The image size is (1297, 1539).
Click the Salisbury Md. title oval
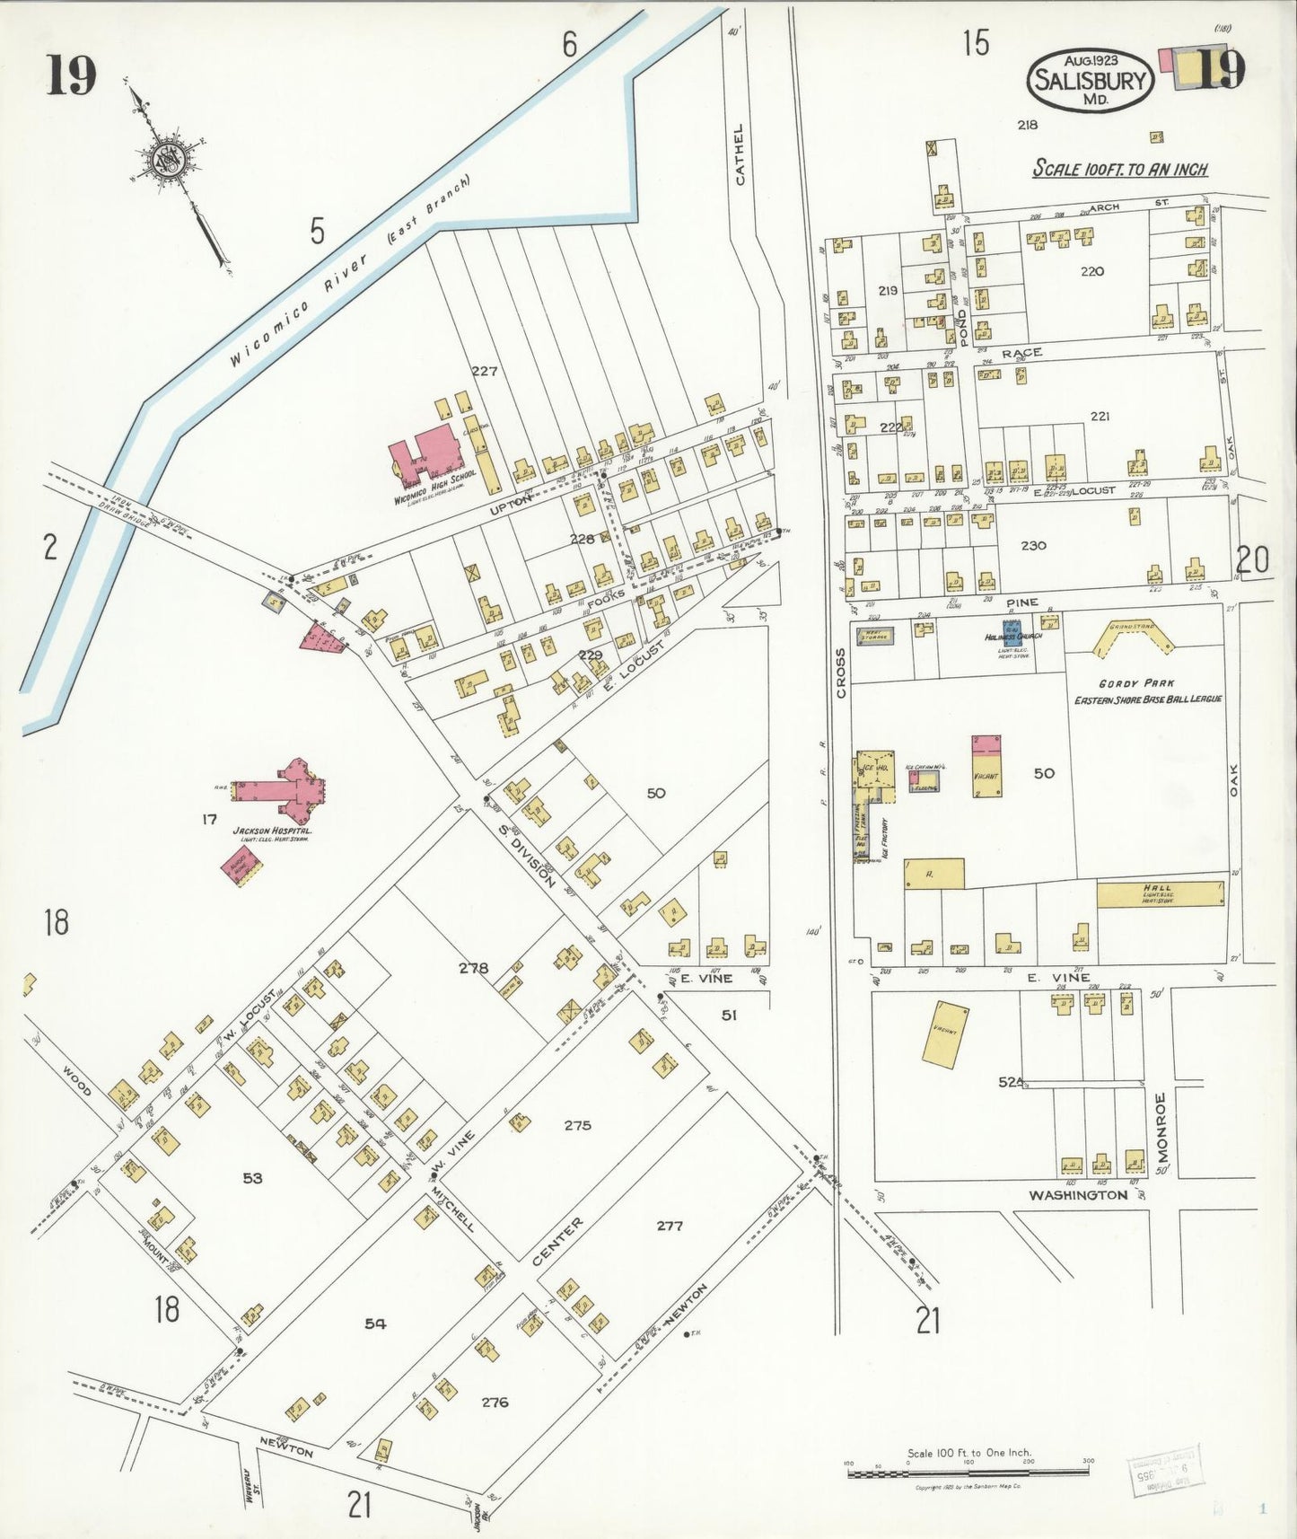[x=1090, y=80]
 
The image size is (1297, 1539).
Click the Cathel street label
[x=740, y=154]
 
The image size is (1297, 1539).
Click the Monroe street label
[x=1161, y=1126]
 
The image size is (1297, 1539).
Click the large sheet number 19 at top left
[x=72, y=75]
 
